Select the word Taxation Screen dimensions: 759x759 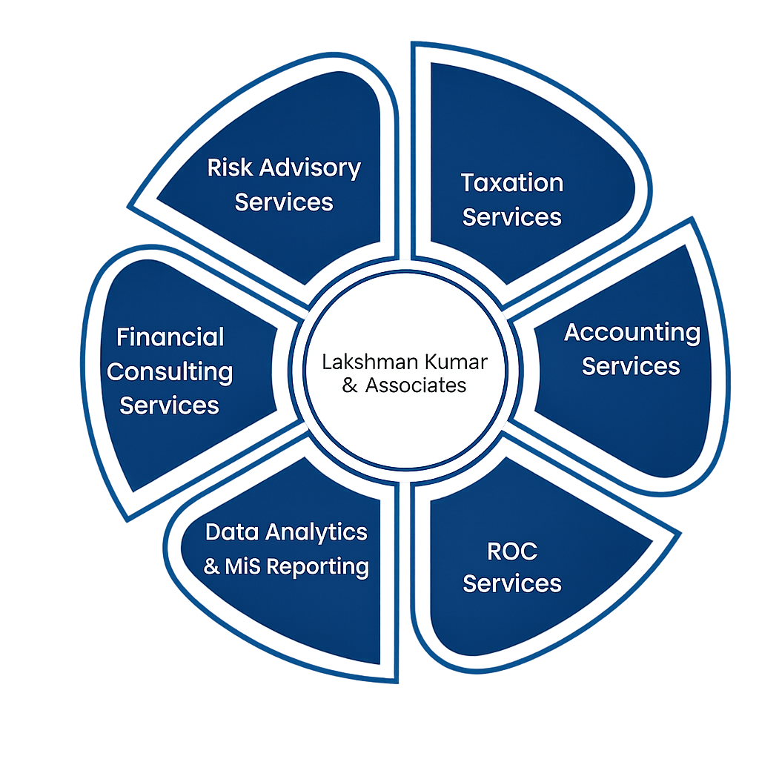tap(512, 182)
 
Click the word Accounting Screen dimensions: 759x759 tap(632, 333)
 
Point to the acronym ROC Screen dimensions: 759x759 tap(512, 551)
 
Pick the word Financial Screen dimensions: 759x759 tap(170, 337)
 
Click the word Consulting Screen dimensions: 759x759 tap(170, 371)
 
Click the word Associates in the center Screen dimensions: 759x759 tap(416, 385)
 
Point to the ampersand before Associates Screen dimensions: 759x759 tap(351, 386)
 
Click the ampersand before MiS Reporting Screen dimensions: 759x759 tap(212, 567)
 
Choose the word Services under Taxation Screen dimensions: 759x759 tap(512, 217)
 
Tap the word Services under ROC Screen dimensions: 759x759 tap(512, 583)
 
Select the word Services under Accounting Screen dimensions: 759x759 tap(631, 366)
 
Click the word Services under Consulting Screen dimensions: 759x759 tap(170, 405)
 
